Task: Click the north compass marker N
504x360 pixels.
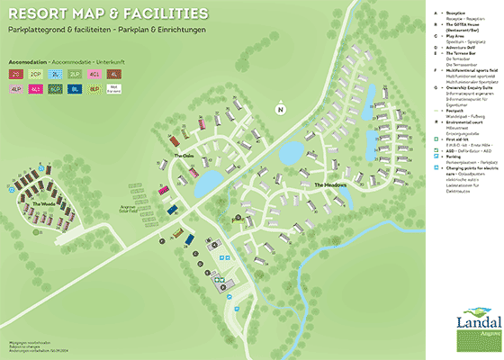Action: pos(280,110)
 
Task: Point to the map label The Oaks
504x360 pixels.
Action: pos(184,155)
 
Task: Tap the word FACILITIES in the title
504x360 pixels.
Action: pos(162,15)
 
